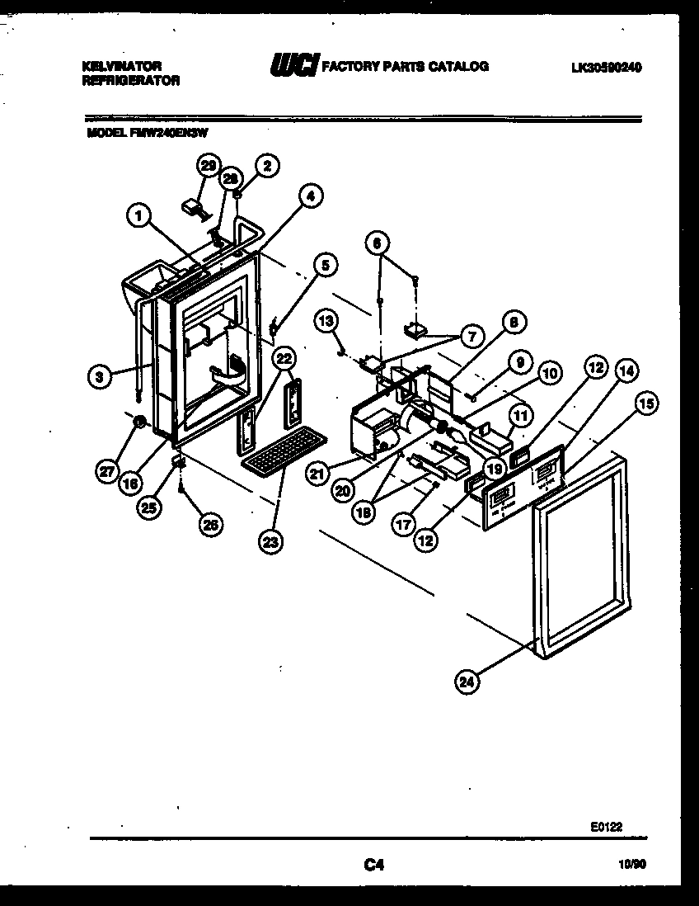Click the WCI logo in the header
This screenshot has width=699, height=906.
[293, 66]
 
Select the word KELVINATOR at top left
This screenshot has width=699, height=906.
[122, 65]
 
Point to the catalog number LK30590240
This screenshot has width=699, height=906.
[606, 68]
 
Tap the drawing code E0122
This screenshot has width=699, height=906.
[608, 824]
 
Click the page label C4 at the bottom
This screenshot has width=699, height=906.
[374, 865]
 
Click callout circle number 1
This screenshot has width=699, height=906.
[139, 216]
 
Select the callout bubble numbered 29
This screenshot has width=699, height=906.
[208, 166]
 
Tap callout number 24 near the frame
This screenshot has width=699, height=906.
[467, 681]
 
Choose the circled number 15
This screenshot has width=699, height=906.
[646, 403]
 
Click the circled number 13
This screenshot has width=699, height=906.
[326, 320]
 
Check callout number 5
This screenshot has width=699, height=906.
[325, 265]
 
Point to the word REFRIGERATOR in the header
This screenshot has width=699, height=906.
[131, 81]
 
